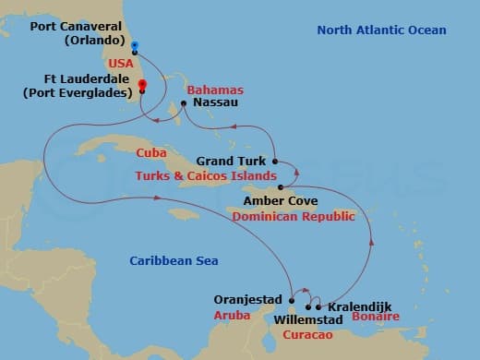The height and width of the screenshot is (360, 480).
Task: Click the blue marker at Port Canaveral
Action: click(x=135, y=45)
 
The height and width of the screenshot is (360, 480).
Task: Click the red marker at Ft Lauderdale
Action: click(x=142, y=86)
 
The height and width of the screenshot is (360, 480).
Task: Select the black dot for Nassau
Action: click(x=183, y=103)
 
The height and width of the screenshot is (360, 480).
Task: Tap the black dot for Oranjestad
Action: click(x=292, y=300)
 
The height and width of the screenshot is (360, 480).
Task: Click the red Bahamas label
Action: click(x=214, y=90)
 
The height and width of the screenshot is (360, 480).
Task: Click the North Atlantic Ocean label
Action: click(x=381, y=30)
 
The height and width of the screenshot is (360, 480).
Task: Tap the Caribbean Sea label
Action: click(x=174, y=261)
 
